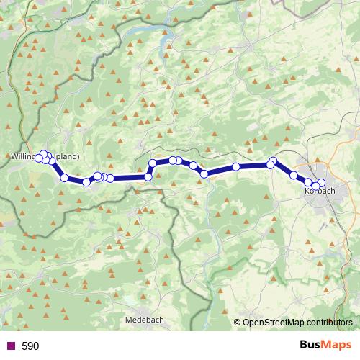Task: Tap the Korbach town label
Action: click(320, 192)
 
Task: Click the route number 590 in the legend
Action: click(30, 346)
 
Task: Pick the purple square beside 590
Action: click(11, 346)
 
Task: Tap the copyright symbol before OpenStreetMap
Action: click(238, 323)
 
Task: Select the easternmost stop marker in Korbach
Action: click(321, 183)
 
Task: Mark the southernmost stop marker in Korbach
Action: click(315, 187)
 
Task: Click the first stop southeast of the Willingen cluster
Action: click(64, 178)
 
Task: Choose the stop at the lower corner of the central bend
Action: click(148, 176)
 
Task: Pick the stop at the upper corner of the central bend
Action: click(153, 163)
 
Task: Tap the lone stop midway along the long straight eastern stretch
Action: click(236, 168)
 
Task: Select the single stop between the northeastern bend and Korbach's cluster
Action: click(293, 175)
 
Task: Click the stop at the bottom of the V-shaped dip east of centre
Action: click(204, 174)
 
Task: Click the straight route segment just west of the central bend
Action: click(130, 177)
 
